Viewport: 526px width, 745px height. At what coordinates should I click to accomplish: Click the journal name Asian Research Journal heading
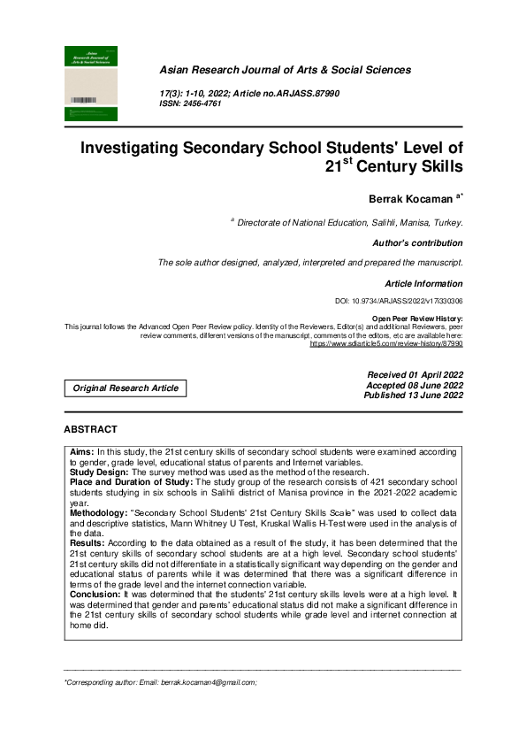[285, 70]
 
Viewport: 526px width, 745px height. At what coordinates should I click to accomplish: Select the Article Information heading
[423, 284]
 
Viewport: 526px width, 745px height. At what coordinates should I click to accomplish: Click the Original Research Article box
[126, 388]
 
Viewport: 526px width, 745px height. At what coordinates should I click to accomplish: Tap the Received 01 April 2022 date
[415, 376]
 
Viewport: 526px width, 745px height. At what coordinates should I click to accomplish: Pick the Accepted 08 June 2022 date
[415, 386]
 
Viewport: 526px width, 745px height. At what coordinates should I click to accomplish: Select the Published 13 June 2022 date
[413, 396]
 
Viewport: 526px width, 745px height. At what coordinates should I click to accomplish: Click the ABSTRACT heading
[90, 429]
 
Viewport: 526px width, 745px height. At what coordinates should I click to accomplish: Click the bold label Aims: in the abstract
[82, 450]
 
